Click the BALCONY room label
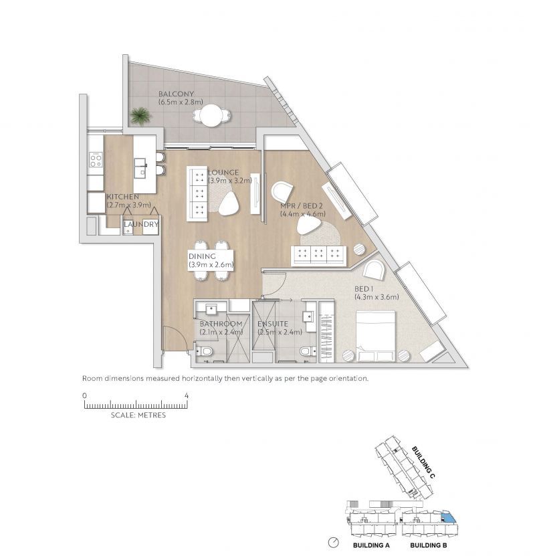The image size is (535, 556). point(176,94)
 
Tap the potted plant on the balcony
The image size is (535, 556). point(140,116)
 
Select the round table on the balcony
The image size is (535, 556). point(211,115)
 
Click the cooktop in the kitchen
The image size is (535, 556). point(96,159)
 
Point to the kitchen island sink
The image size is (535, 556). point(140,167)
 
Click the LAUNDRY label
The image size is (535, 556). point(141,224)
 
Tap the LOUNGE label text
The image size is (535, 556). point(223,173)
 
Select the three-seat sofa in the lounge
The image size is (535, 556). point(197,194)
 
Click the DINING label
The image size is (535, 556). point(202,256)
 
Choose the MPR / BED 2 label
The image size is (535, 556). point(301,206)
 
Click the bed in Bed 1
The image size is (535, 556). point(375,336)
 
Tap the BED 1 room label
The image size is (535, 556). point(364,289)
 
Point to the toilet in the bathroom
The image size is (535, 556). point(204,351)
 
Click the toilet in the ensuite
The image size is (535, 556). point(308,351)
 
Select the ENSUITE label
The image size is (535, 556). point(272,324)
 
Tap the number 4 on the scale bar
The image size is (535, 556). point(187,395)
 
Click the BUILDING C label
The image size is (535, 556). point(423,462)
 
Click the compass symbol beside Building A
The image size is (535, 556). point(334,543)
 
